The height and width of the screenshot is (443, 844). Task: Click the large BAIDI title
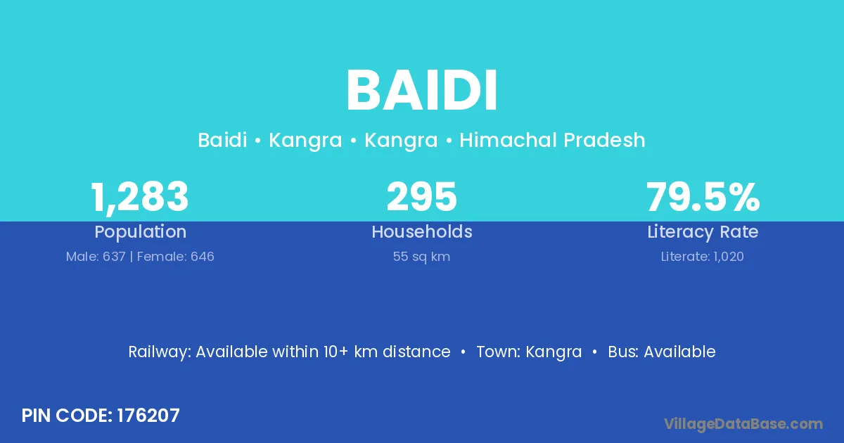click(x=422, y=91)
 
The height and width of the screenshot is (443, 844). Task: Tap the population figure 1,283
click(x=140, y=198)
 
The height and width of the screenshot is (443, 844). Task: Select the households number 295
click(x=421, y=196)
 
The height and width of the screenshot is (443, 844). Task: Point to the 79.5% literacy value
click(x=703, y=196)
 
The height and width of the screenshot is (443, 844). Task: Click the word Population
click(x=141, y=232)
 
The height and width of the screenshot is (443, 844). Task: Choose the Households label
click(x=422, y=231)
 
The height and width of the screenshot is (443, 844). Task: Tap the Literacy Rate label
click(x=703, y=232)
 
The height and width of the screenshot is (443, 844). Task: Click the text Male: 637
click(x=96, y=257)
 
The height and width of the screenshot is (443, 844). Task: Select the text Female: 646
click(x=176, y=257)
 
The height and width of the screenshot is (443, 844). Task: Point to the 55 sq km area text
click(x=421, y=257)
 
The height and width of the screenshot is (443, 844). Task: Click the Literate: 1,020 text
click(x=703, y=257)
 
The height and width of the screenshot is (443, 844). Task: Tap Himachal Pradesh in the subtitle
click(x=552, y=140)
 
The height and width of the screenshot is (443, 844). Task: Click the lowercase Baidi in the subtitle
click(x=223, y=140)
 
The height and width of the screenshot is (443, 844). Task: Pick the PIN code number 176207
click(x=148, y=416)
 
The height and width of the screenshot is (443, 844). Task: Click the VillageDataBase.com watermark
click(x=743, y=424)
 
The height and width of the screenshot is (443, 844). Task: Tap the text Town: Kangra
click(x=529, y=352)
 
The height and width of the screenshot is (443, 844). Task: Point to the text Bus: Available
click(x=662, y=352)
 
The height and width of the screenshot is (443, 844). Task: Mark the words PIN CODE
click(x=67, y=416)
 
